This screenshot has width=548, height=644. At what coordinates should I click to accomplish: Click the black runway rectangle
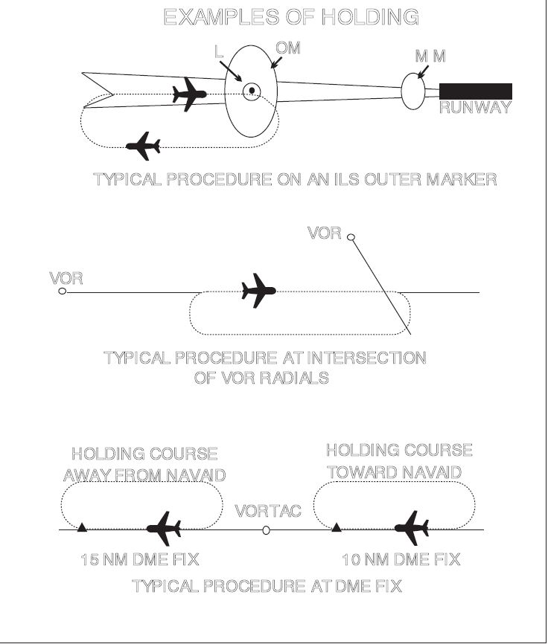476,91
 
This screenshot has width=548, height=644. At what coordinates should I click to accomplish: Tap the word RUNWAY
475,108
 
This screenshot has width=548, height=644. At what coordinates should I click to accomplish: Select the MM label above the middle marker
430,57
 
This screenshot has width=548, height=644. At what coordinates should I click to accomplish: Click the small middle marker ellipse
413,91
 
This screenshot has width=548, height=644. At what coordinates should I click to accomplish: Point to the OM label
287,48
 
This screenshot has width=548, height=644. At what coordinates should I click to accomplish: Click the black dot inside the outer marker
252,91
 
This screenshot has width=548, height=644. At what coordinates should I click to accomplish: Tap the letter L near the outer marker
219,52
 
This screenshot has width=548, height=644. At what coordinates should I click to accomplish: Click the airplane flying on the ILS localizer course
189,94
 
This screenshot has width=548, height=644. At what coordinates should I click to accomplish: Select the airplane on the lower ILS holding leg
143,146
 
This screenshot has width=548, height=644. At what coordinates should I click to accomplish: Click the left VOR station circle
63,292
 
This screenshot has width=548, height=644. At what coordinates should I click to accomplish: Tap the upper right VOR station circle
351,237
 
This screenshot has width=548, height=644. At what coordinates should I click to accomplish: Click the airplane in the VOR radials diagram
258,290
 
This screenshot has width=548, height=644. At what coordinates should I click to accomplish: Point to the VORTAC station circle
267,531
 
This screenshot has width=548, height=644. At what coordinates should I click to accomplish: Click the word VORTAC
268,512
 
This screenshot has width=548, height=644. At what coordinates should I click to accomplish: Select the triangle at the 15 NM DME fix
82,527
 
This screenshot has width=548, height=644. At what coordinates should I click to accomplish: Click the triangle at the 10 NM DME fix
337,527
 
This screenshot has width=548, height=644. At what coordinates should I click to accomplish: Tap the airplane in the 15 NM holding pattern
164,529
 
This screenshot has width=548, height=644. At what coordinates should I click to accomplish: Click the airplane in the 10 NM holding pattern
412,528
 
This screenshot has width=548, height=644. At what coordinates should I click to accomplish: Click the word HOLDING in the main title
370,17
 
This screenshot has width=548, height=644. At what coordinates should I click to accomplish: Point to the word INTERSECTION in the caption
366,358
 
